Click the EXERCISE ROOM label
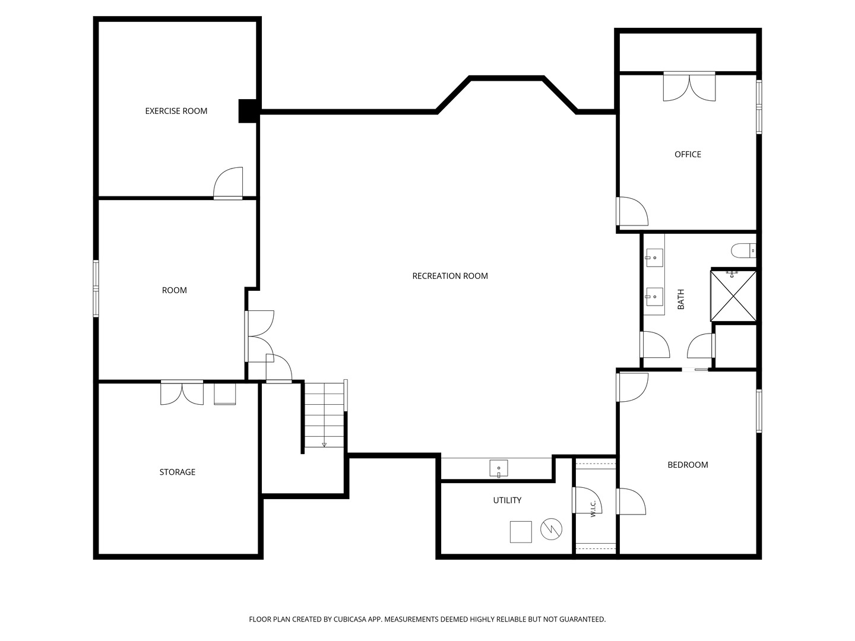176,111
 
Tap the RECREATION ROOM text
450,276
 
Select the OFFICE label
688,154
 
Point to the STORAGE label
177,472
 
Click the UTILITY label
507,500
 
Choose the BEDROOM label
688,465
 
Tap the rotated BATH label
681,299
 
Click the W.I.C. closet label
593,509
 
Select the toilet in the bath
743,250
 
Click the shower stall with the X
733,296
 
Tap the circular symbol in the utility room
551,529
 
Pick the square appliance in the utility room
521,532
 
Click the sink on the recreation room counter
499,468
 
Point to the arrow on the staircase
324,444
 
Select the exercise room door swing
228,183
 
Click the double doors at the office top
689,87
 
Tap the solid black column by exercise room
248,112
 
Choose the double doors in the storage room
182,393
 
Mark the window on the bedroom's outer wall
759,411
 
